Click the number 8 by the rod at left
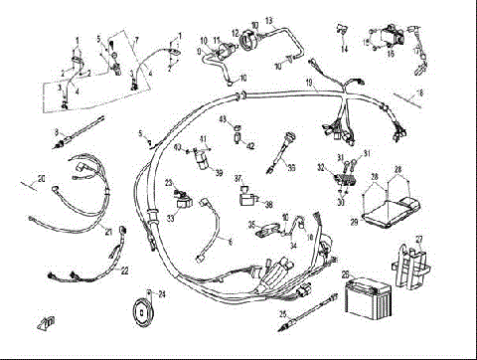58,131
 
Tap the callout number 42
250,146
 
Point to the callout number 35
251,225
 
